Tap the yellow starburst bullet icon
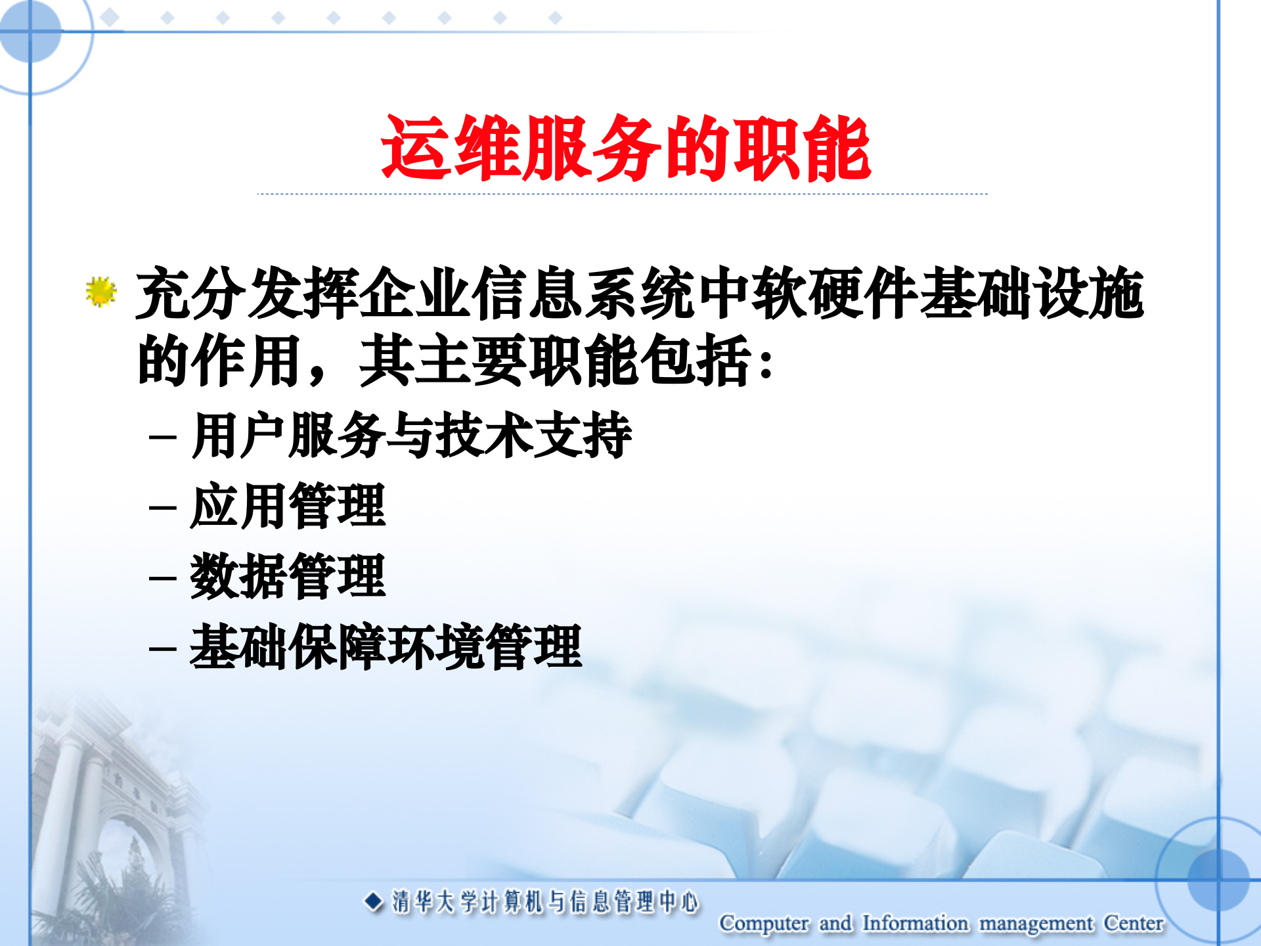point(100,292)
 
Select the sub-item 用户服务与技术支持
point(412,435)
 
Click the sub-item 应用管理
point(288,506)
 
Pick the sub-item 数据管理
point(288,576)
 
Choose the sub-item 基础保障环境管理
point(386,647)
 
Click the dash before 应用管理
point(162,508)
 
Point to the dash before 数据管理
point(162,579)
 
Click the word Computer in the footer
point(764,923)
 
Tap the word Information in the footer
point(915,923)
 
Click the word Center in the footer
point(1134,923)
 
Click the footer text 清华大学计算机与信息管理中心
point(545,902)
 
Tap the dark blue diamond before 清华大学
point(373,901)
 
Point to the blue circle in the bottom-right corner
point(1218,880)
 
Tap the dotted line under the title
point(622,194)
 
